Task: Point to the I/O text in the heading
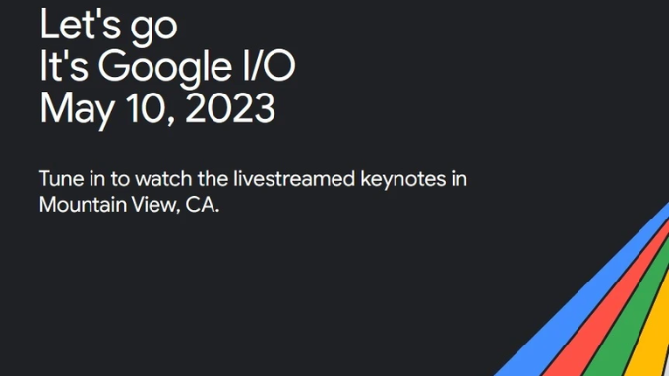(271, 66)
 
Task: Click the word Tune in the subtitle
(59, 180)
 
